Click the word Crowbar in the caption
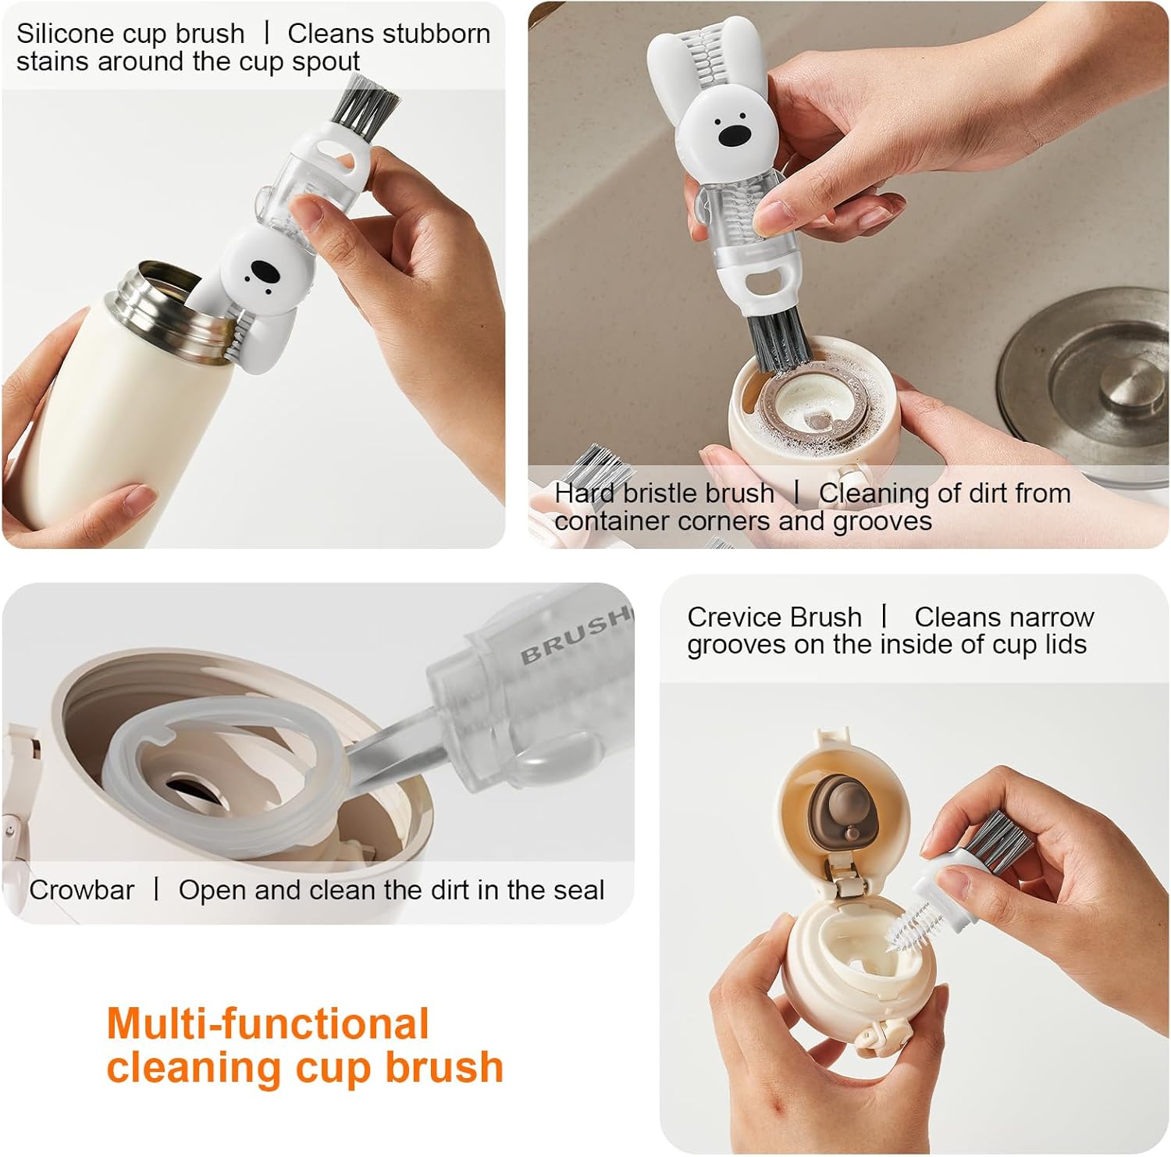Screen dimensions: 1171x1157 coord(81,890)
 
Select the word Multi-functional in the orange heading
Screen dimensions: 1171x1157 coord(268,1023)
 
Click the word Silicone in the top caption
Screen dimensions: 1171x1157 coord(66,34)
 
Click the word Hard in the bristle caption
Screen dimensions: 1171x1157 coord(585,493)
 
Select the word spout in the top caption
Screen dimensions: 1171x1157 coord(326,62)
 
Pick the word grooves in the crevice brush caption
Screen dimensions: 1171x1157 coord(738,645)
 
